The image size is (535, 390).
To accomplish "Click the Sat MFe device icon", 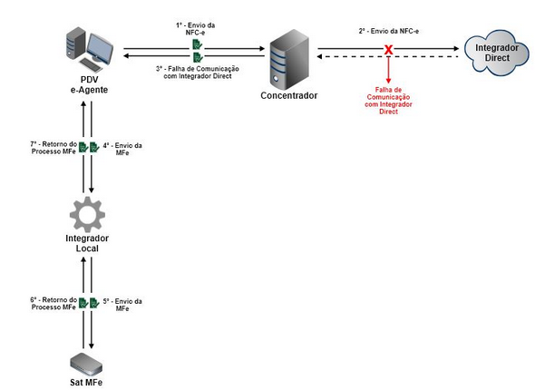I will click(x=87, y=362).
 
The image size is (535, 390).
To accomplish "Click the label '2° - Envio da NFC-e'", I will click(x=389, y=31).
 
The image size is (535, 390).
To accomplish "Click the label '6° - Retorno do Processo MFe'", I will click(x=53, y=304).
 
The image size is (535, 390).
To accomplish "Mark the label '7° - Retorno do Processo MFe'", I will click(x=53, y=149).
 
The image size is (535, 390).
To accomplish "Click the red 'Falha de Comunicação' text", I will click(x=389, y=101).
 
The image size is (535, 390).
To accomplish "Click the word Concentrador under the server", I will click(x=287, y=94).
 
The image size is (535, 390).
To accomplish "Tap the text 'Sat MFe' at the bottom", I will click(x=87, y=384).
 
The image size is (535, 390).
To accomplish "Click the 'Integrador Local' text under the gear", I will click(x=87, y=243).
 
